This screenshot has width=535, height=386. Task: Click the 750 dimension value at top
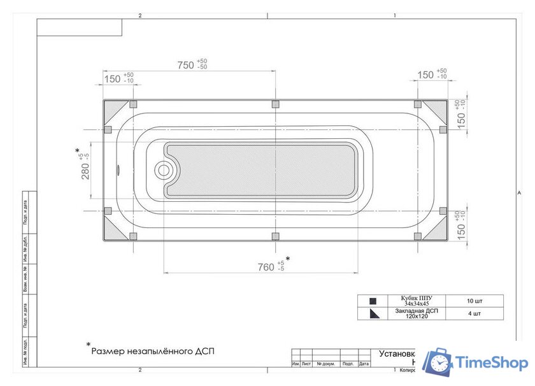click(x=185, y=65)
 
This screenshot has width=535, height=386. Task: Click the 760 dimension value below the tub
click(x=266, y=267)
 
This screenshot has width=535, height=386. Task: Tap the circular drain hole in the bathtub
click(x=164, y=170)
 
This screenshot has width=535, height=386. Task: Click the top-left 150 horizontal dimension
click(x=112, y=78)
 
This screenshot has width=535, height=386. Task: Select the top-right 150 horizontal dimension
click(x=425, y=75)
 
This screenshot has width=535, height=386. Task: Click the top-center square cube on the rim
click(x=275, y=104)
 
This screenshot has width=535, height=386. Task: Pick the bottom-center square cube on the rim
click(x=275, y=236)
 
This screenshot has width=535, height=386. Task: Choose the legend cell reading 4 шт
click(x=473, y=313)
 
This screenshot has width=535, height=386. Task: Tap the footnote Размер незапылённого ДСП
click(x=149, y=351)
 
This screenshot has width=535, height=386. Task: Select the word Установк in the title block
click(x=397, y=354)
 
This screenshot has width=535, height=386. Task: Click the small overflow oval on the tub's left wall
click(x=118, y=170)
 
